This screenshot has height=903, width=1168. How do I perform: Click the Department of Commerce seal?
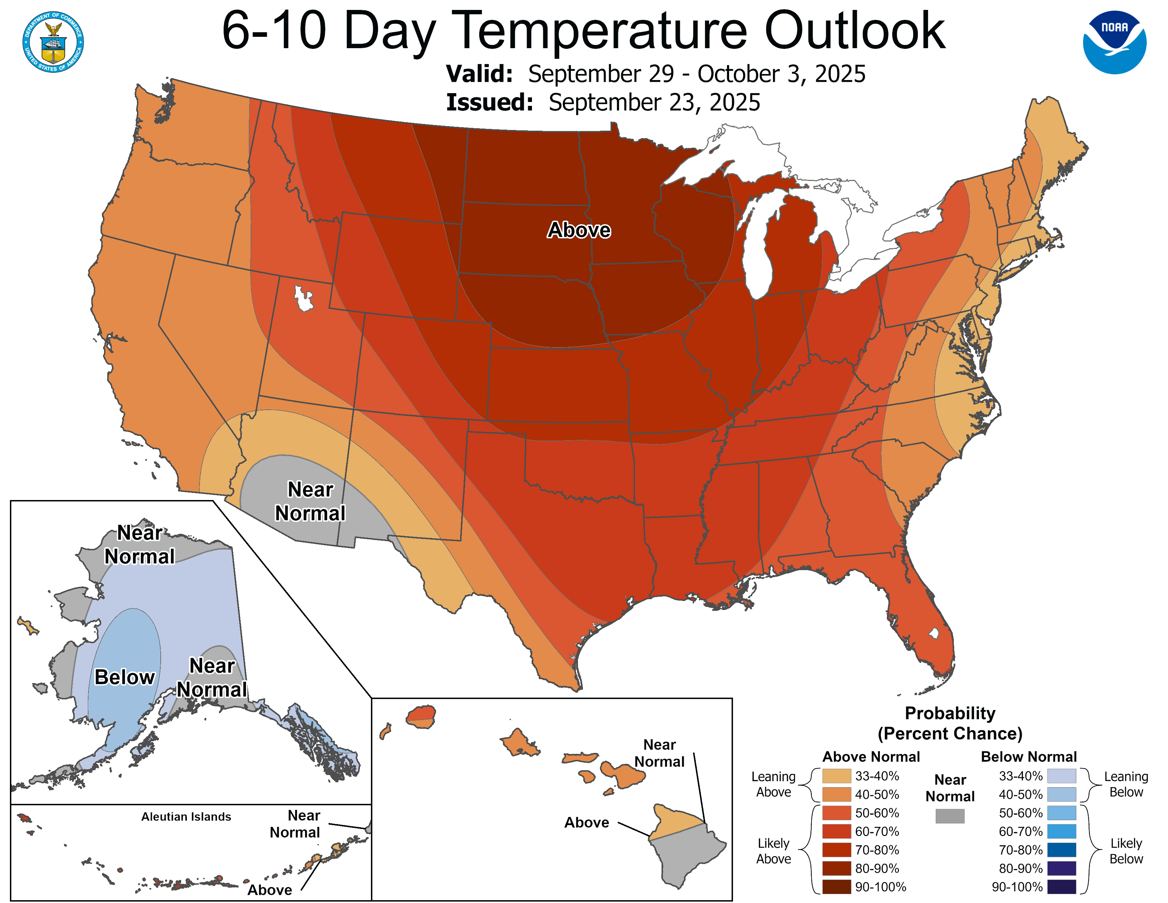tap(53, 42)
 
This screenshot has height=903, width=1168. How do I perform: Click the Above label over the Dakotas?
tap(579, 230)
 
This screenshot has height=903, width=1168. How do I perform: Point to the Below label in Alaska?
tap(125, 677)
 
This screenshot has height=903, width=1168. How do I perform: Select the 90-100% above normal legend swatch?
tap(836, 887)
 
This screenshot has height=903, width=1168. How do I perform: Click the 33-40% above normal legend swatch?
tap(836, 776)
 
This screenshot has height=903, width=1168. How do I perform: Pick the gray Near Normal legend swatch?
tap(950, 816)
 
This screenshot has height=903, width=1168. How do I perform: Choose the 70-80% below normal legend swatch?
tap(1061, 850)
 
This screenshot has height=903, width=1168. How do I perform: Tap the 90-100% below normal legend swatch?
tap(1061, 887)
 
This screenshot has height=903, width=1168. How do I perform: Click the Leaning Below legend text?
tap(1126, 784)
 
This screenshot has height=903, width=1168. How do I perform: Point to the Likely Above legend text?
tap(773, 851)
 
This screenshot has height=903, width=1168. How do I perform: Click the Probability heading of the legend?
tap(950, 714)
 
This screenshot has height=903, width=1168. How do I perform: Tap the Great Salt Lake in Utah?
tap(303, 298)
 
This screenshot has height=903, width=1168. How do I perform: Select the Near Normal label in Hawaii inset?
tap(659, 753)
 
